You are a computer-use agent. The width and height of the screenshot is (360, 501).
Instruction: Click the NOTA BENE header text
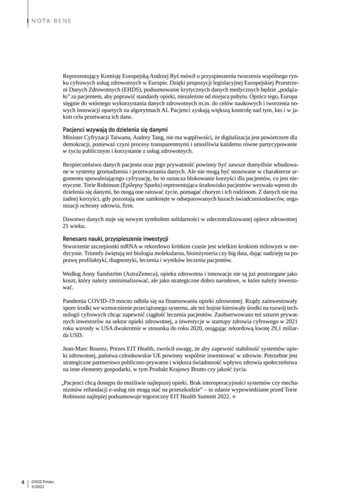(51, 20)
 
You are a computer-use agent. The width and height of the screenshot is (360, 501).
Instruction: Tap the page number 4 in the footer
(22, 482)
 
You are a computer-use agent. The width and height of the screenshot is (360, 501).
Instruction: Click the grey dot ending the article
(233, 397)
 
